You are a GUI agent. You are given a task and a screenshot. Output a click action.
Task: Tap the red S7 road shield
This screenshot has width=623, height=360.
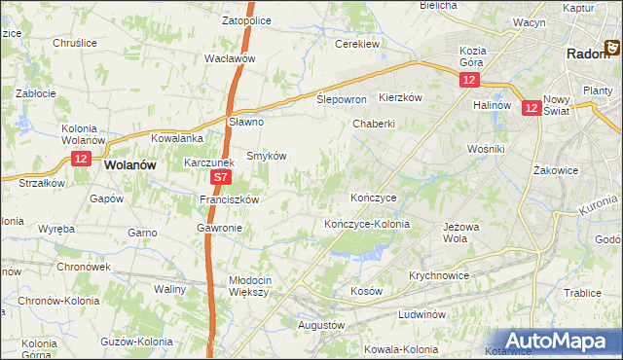pyautogui.click(x=221, y=178)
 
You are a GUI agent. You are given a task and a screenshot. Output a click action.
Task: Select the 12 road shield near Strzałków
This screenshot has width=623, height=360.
pyautogui.click(x=81, y=158)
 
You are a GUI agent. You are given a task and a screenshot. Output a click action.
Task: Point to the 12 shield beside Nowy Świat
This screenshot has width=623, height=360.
pyautogui.click(x=531, y=109)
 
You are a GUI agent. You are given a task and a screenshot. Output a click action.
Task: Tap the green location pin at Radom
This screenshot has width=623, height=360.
pyautogui.click(x=615, y=46)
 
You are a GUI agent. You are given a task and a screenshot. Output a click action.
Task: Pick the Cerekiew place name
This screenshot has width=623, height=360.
pyautogui.click(x=356, y=44)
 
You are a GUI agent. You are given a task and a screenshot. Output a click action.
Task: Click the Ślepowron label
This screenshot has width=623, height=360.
pyautogui.click(x=342, y=100)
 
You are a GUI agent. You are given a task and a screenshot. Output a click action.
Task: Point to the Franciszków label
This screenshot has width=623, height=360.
pyautogui.click(x=228, y=199)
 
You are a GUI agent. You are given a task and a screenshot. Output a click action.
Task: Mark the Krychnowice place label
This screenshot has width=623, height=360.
pyautogui.click(x=439, y=275)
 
